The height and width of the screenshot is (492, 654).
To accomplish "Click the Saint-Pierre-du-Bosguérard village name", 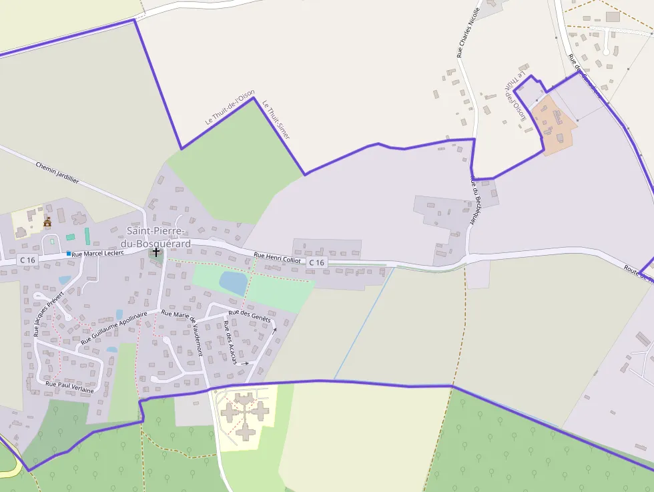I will click(x=158, y=237).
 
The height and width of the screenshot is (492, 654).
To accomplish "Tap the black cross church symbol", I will click(x=156, y=252).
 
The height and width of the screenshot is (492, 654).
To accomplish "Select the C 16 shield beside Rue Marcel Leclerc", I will click(x=27, y=259).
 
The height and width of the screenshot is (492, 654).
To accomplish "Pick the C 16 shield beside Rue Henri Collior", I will click(x=316, y=263).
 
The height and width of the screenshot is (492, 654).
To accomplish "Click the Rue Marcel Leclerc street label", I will click(x=97, y=254).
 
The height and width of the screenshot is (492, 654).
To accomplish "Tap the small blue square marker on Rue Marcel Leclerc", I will click(x=68, y=254).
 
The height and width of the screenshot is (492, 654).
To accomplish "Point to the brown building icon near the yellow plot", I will click(x=47, y=222).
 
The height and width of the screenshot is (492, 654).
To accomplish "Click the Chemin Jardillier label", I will click(x=57, y=172).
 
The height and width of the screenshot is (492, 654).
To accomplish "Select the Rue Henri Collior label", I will click(x=278, y=257).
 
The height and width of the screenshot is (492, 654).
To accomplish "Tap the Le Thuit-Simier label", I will click(x=276, y=119).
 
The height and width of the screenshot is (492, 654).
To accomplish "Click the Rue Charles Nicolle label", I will click(x=469, y=32).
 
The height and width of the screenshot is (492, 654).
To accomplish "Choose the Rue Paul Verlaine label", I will click(x=69, y=387).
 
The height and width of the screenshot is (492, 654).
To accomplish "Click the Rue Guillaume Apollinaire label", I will click(x=114, y=328).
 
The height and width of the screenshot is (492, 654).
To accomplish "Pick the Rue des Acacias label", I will click(x=230, y=342).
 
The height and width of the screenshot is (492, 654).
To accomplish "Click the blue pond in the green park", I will click(x=233, y=283).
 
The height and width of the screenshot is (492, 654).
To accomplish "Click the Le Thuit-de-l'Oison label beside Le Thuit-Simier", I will click(x=230, y=107).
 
